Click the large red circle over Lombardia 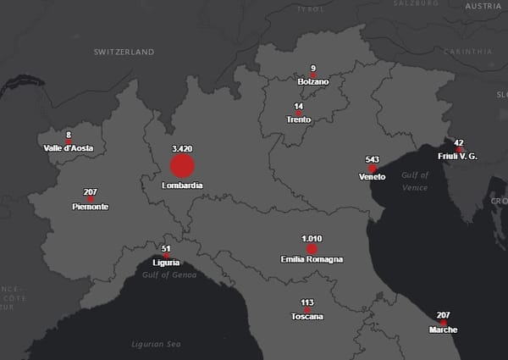tap(182, 165)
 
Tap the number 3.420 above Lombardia tap(182, 148)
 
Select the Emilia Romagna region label tap(312, 259)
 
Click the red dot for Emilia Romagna tap(312, 249)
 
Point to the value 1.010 tap(312, 239)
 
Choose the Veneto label tap(372, 178)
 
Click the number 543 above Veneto tap(372, 159)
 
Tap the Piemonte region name tap(91, 207)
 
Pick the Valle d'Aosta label tap(69, 148)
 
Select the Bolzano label tap(313, 81)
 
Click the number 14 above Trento tap(298, 107)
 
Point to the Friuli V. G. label tap(458, 157)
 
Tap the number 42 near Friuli tap(459, 143)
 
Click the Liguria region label tap(166, 263)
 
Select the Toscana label tap(306, 316)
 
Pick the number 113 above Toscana tap(306, 302)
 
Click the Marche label tap(443, 330)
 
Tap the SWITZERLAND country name tap(124, 53)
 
